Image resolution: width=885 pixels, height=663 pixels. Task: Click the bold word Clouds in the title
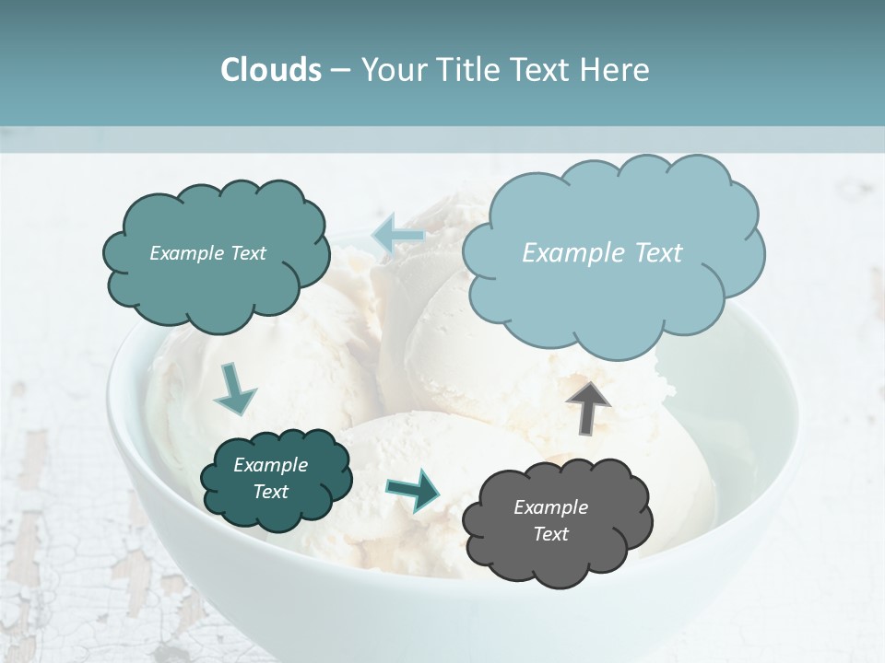(x=271, y=70)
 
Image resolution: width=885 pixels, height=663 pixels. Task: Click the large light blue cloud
(x=613, y=276)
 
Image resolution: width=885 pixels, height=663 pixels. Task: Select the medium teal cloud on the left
(x=216, y=285)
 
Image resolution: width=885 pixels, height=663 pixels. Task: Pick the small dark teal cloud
(x=277, y=506)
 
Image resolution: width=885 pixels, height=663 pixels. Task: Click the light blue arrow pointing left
(x=397, y=236)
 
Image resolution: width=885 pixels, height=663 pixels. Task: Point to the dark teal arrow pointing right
(x=413, y=489)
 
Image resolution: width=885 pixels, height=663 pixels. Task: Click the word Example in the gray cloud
(x=550, y=507)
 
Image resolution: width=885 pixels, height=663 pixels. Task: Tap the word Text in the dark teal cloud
(x=271, y=492)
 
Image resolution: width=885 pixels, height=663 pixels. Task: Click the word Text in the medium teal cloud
(x=247, y=253)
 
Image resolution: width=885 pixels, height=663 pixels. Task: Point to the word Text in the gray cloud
(x=550, y=534)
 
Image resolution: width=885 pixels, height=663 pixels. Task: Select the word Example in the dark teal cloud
(x=271, y=465)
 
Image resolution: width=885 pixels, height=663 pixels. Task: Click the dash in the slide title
(x=339, y=70)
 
